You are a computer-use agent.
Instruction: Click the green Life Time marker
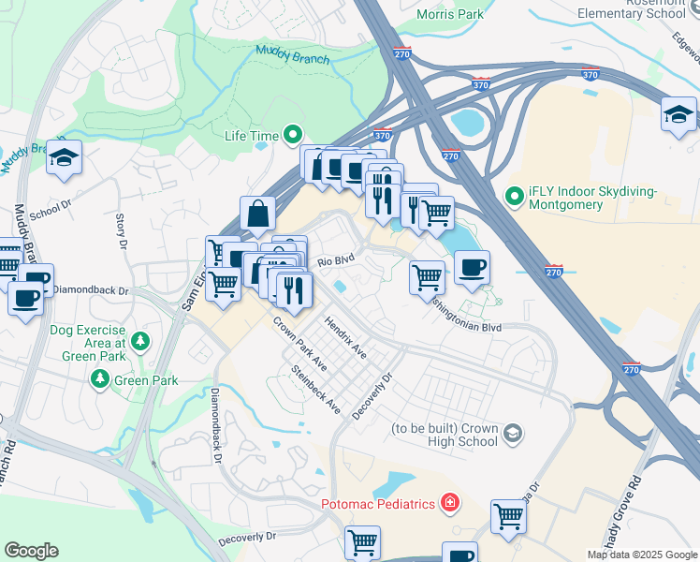click(x=293, y=136)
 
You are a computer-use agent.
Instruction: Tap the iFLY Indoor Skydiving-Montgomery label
click(x=593, y=197)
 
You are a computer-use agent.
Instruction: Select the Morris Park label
click(x=451, y=15)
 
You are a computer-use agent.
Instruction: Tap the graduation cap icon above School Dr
click(x=64, y=158)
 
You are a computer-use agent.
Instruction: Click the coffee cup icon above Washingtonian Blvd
click(x=472, y=268)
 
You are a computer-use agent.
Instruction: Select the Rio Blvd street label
click(x=336, y=261)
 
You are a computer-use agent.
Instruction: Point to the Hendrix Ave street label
click(x=345, y=336)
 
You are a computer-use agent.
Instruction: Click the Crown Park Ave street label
click(x=299, y=344)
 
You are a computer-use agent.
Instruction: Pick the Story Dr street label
click(x=121, y=231)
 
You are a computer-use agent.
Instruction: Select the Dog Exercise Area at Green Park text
click(x=88, y=337)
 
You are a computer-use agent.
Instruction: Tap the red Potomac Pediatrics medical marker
click(x=450, y=504)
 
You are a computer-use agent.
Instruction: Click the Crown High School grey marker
click(x=512, y=433)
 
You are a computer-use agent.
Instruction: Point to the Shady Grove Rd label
click(x=634, y=506)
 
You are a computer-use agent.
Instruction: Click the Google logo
click(x=31, y=551)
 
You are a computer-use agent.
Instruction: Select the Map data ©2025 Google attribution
click(x=641, y=555)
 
